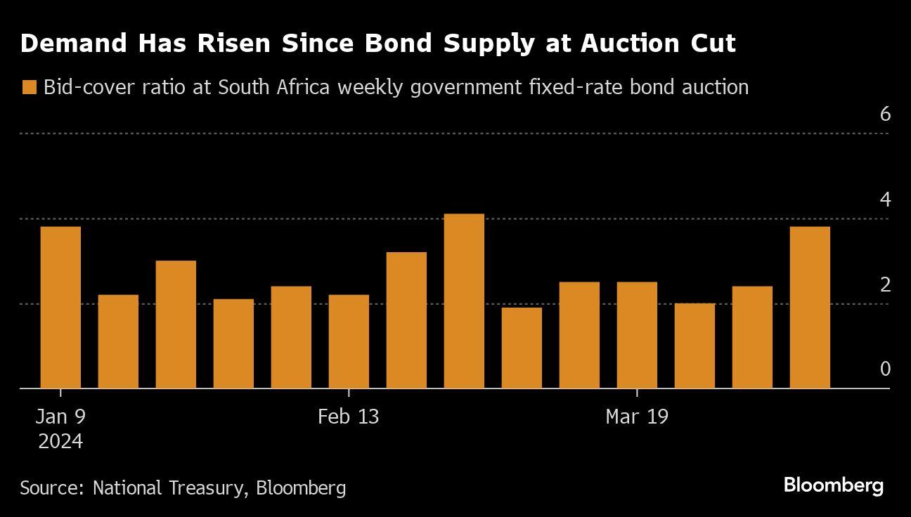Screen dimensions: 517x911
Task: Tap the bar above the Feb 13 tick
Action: (x=349, y=341)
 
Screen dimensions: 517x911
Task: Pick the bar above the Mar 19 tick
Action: (x=637, y=335)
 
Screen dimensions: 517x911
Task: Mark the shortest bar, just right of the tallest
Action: (x=522, y=348)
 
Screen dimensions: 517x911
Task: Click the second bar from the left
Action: (x=118, y=341)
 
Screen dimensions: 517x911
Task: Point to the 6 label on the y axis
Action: (x=885, y=114)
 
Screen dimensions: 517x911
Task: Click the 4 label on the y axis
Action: (x=885, y=199)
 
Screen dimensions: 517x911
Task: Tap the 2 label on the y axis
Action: (x=885, y=284)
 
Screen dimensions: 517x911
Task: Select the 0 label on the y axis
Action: (x=885, y=369)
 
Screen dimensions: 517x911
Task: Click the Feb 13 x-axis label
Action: (x=348, y=417)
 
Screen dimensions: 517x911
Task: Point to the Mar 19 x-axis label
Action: (x=637, y=417)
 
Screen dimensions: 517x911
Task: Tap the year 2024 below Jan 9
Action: (x=60, y=442)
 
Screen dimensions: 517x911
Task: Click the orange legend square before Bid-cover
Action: (x=29, y=88)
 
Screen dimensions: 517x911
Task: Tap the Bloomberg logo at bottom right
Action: (x=833, y=485)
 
